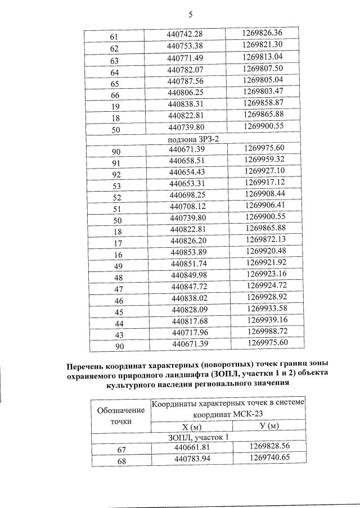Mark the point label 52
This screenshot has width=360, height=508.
tap(117, 197)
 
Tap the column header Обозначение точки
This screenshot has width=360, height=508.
tap(120, 415)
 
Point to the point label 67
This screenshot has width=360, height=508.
tap(120, 448)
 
